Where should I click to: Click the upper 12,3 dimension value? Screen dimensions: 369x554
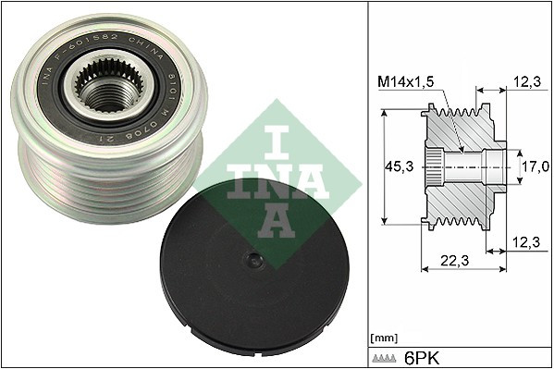point(525,83)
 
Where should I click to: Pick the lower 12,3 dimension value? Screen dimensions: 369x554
point(525,241)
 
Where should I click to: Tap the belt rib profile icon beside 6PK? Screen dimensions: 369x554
point(387,358)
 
